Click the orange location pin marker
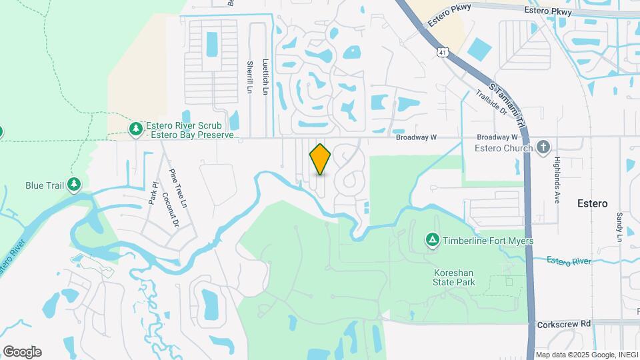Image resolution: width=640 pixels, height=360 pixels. pos(320,159)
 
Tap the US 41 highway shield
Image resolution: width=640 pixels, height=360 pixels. pos(442,51)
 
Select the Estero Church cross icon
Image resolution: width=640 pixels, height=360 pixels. pos(543,147)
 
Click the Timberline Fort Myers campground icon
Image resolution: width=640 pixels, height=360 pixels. pos(432,239)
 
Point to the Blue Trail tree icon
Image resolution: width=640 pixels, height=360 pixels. pos(73,183)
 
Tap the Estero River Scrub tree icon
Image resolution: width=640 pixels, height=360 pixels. pos(136,127)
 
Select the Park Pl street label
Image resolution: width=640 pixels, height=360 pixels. pos(153,192)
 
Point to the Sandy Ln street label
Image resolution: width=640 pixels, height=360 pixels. pos(619,227)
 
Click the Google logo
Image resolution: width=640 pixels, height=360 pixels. pos(21,351)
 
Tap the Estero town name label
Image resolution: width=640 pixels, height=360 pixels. pos(592,203)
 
